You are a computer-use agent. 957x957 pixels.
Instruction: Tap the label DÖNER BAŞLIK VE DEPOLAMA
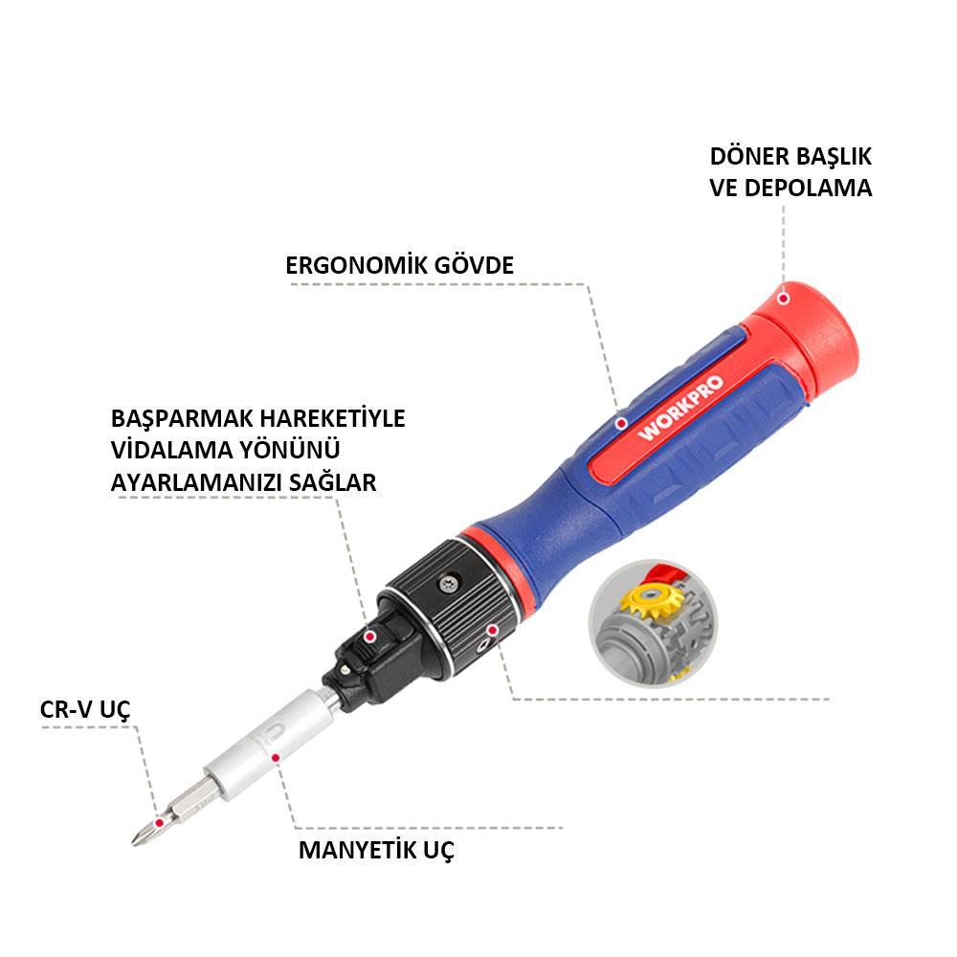(x=790, y=172)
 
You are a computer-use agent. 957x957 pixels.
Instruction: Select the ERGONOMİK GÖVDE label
(x=399, y=265)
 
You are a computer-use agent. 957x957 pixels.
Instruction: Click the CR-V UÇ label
(x=85, y=709)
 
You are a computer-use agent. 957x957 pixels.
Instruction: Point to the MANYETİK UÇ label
(x=376, y=850)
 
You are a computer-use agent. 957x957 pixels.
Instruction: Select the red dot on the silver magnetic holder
(x=276, y=757)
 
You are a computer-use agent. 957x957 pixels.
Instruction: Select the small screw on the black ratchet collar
(x=446, y=583)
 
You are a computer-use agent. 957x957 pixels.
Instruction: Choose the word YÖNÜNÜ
(x=291, y=451)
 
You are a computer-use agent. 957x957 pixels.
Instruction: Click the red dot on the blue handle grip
(x=621, y=421)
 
